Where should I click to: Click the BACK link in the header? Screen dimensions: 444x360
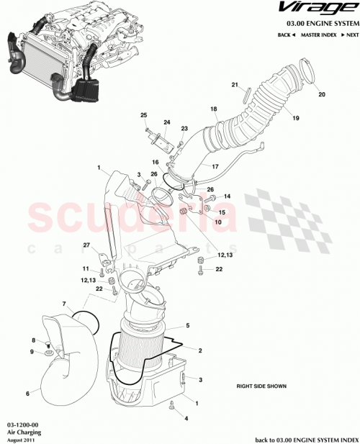pos(286,35)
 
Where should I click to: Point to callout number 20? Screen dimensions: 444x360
pos(322,94)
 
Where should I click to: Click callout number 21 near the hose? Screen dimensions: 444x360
pos(234,85)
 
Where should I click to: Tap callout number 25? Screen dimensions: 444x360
pos(143,115)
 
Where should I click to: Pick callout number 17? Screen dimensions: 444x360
pos(214,166)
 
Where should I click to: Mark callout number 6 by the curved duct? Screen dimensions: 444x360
pos(27,393)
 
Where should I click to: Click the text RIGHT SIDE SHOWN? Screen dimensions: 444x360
pos(261,386)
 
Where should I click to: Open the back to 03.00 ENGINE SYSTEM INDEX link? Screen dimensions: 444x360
pos(305,438)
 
